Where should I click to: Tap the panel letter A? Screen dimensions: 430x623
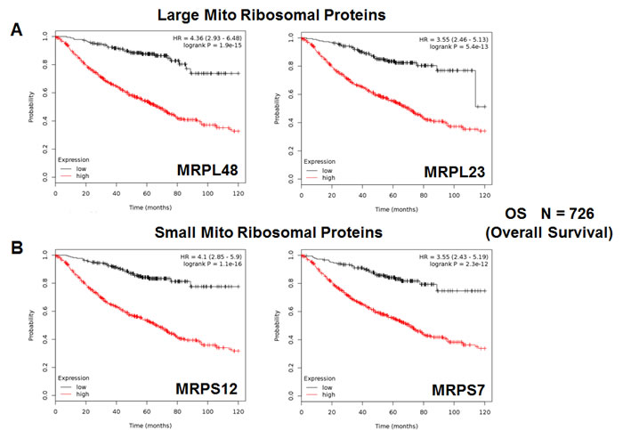(x=16, y=29)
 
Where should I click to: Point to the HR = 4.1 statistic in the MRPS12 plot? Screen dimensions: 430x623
(x=211, y=256)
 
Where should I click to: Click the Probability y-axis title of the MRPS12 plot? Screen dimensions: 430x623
(x=33, y=325)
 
